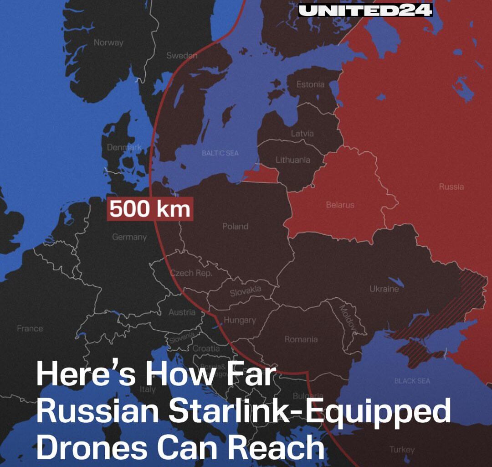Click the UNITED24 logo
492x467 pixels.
click(x=365, y=10)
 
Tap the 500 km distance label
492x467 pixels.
click(x=150, y=209)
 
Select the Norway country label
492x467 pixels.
click(x=108, y=42)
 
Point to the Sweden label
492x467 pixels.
click(x=182, y=56)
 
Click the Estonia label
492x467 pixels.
click(x=310, y=84)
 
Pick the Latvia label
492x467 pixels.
click(x=302, y=134)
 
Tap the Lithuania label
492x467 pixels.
click(x=293, y=160)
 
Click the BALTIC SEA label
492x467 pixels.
click(x=220, y=153)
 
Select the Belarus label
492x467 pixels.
click(x=340, y=205)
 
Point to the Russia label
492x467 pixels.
click(x=451, y=187)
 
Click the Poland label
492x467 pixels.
click(x=235, y=226)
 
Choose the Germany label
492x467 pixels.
click(x=129, y=237)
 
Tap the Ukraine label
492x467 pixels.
click(x=384, y=289)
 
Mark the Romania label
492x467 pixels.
click(x=301, y=339)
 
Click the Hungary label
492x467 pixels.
click(x=240, y=320)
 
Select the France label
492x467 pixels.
click(x=30, y=328)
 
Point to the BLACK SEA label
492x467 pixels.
click(x=412, y=381)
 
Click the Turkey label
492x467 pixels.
click(x=402, y=450)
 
